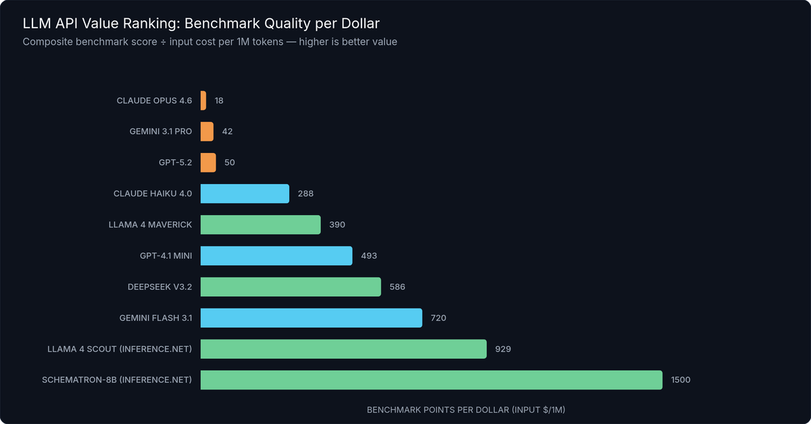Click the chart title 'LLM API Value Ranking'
pyautogui.click(x=201, y=24)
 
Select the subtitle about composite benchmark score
pyautogui.click(x=210, y=42)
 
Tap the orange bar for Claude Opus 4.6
pyautogui.click(x=203, y=100)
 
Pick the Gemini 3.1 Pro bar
pyautogui.click(x=207, y=131)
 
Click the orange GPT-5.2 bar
pyautogui.click(x=208, y=162)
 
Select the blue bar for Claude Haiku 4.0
pyautogui.click(x=245, y=193)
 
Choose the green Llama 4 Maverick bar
pyautogui.click(x=260, y=225)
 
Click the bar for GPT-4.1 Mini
pyautogui.click(x=276, y=256)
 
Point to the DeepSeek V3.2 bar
pyautogui.click(x=291, y=287)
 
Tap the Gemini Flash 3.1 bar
pyautogui.click(x=312, y=318)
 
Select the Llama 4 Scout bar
pyautogui.click(x=343, y=349)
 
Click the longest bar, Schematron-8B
pyautogui.click(x=431, y=380)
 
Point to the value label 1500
pyautogui.click(x=681, y=380)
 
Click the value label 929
pyautogui.click(x=503, y=349)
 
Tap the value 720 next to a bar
pyautogui.click(x=439, y=318)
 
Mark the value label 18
pyautogui.click(x=219, y=100)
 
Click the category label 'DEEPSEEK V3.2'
pyautogui.click(x=159, y=287)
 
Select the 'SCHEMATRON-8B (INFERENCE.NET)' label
pyautogui.click(x=116, y=380)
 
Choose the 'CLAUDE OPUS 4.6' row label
pyautogui.click(x=154, y=100)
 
